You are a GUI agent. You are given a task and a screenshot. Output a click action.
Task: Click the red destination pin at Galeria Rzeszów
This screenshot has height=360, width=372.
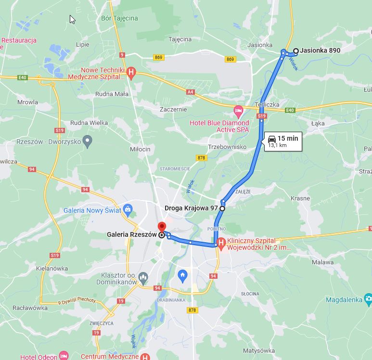(x=162, y=226)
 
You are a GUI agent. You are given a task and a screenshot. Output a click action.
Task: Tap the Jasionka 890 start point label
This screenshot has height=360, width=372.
(x=320, y=50)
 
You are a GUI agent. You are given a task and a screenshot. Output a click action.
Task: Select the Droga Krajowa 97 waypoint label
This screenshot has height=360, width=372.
(x=191, y=208)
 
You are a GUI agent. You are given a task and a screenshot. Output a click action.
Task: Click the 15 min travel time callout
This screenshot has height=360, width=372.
(x=283, y=141)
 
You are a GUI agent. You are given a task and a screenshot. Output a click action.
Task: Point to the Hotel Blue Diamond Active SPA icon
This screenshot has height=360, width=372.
(x=238, y=112)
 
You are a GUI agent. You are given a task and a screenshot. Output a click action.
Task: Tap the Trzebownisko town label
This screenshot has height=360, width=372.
(x=227, y=147)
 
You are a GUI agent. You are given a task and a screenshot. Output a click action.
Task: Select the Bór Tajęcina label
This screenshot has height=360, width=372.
(x=119, y=18)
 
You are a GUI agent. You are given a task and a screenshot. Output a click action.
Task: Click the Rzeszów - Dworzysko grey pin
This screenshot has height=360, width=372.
(x=87, y=141)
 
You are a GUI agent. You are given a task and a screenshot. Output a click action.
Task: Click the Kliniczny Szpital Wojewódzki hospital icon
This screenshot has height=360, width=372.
(x=221, y=243)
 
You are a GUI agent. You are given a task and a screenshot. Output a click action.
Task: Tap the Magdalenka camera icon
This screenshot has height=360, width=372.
(x=368, y=299)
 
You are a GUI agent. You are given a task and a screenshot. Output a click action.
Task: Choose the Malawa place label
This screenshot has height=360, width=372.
(x=322, y=262)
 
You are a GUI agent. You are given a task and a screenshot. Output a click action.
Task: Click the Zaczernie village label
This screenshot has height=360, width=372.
(x=173, y=109)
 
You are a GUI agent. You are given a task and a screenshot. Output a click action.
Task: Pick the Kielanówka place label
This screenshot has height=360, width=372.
(x=52, y=268)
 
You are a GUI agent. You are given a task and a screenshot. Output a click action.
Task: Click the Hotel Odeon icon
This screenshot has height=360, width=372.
(x=64, y=356)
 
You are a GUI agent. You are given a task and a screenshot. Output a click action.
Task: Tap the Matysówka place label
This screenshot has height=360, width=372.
(x=259, y=350)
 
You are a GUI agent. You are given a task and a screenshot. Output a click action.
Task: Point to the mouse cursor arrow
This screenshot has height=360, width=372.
(x=72, y=19)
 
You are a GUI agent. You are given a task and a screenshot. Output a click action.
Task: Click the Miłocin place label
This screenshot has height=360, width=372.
(x=140, y=149)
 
